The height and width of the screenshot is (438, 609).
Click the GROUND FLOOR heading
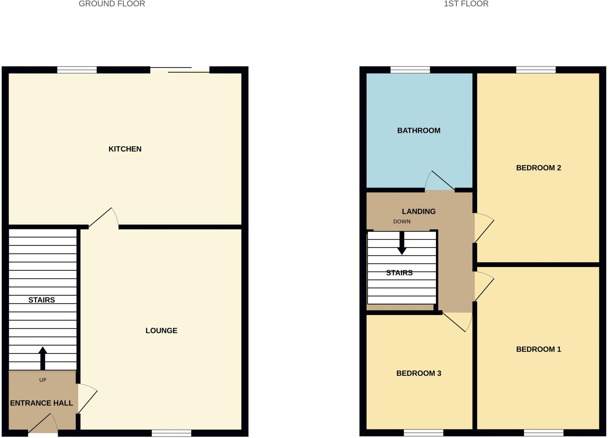tap(112, 4)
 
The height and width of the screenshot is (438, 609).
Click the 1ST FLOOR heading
tap(466, 4)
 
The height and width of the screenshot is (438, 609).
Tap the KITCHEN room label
tap(125, 149)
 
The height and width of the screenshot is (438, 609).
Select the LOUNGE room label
tap(161, 331)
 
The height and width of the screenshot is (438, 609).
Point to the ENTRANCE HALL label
tap(41, 403)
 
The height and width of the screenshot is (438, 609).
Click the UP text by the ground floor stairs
tap(43, 380)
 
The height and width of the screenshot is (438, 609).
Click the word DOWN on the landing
tap(402, 222)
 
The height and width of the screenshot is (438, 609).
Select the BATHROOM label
tap(419, 130)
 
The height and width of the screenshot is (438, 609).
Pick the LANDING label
tap(419, 211)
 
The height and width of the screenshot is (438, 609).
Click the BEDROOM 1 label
tap(539, 349)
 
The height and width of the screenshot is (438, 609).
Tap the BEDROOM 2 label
tap(539, 168)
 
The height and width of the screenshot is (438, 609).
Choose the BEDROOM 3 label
tap(419, 373)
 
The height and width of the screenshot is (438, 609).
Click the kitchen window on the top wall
tap(77, 70)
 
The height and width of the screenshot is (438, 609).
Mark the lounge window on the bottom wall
tap(171, 433)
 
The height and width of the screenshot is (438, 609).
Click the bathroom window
tap(410, 70)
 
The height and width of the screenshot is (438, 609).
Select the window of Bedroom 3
tap(423, 433)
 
